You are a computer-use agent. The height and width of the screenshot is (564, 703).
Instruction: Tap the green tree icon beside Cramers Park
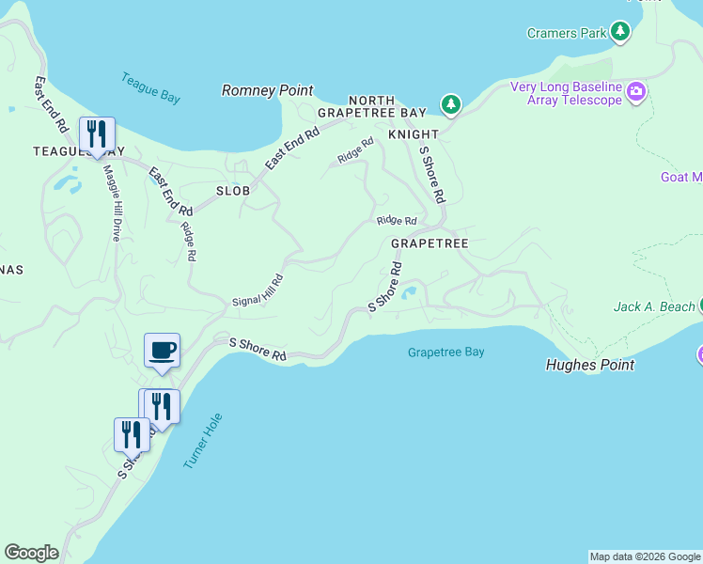[619, 33]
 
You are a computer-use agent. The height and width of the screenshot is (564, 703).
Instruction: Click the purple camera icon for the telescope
[637, 92]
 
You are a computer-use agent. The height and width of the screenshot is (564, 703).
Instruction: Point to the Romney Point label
[267, 90]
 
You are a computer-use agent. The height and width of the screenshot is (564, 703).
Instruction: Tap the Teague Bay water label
[150, 87]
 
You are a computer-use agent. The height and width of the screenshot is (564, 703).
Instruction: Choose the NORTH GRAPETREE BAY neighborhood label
[372, 106]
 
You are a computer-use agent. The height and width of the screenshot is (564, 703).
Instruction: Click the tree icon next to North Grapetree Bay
[452, 104]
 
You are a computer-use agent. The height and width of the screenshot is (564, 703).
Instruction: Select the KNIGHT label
[414, 134]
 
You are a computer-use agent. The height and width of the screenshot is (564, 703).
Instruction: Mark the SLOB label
[233, 190]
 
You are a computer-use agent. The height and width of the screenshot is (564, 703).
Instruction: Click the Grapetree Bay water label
[446, 352]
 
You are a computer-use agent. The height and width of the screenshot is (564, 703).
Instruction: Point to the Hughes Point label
[590, 365]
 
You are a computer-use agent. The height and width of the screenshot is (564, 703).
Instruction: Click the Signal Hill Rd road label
[258, 291]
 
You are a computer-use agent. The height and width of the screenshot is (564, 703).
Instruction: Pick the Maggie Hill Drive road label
[111, 203]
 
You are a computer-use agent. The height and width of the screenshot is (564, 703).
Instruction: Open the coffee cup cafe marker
[161, 350]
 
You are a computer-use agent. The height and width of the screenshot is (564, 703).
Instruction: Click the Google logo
[31, 553]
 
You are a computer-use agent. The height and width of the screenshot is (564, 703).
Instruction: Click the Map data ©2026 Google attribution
[645, 556]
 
